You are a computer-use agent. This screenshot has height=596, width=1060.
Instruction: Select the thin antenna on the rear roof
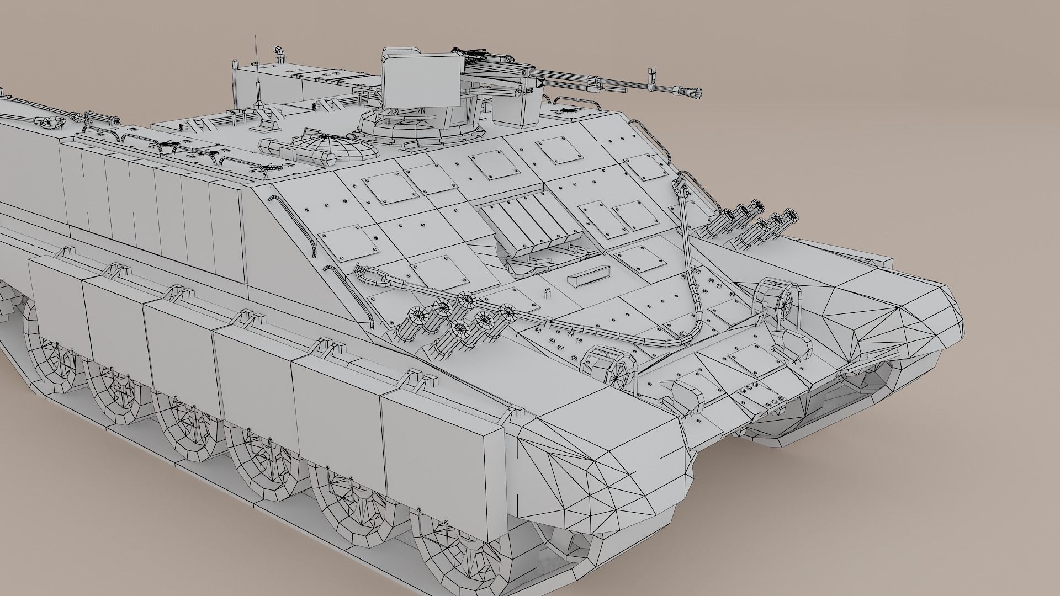pos(256,72)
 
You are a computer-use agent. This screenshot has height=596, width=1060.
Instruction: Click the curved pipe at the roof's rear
pos(279,54)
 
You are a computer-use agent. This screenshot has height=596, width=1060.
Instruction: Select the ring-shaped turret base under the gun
pos(420,130)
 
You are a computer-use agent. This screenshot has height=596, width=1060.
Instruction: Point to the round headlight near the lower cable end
pos(607,364)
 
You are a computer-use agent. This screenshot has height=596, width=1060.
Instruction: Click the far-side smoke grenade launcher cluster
pos(756,221)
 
